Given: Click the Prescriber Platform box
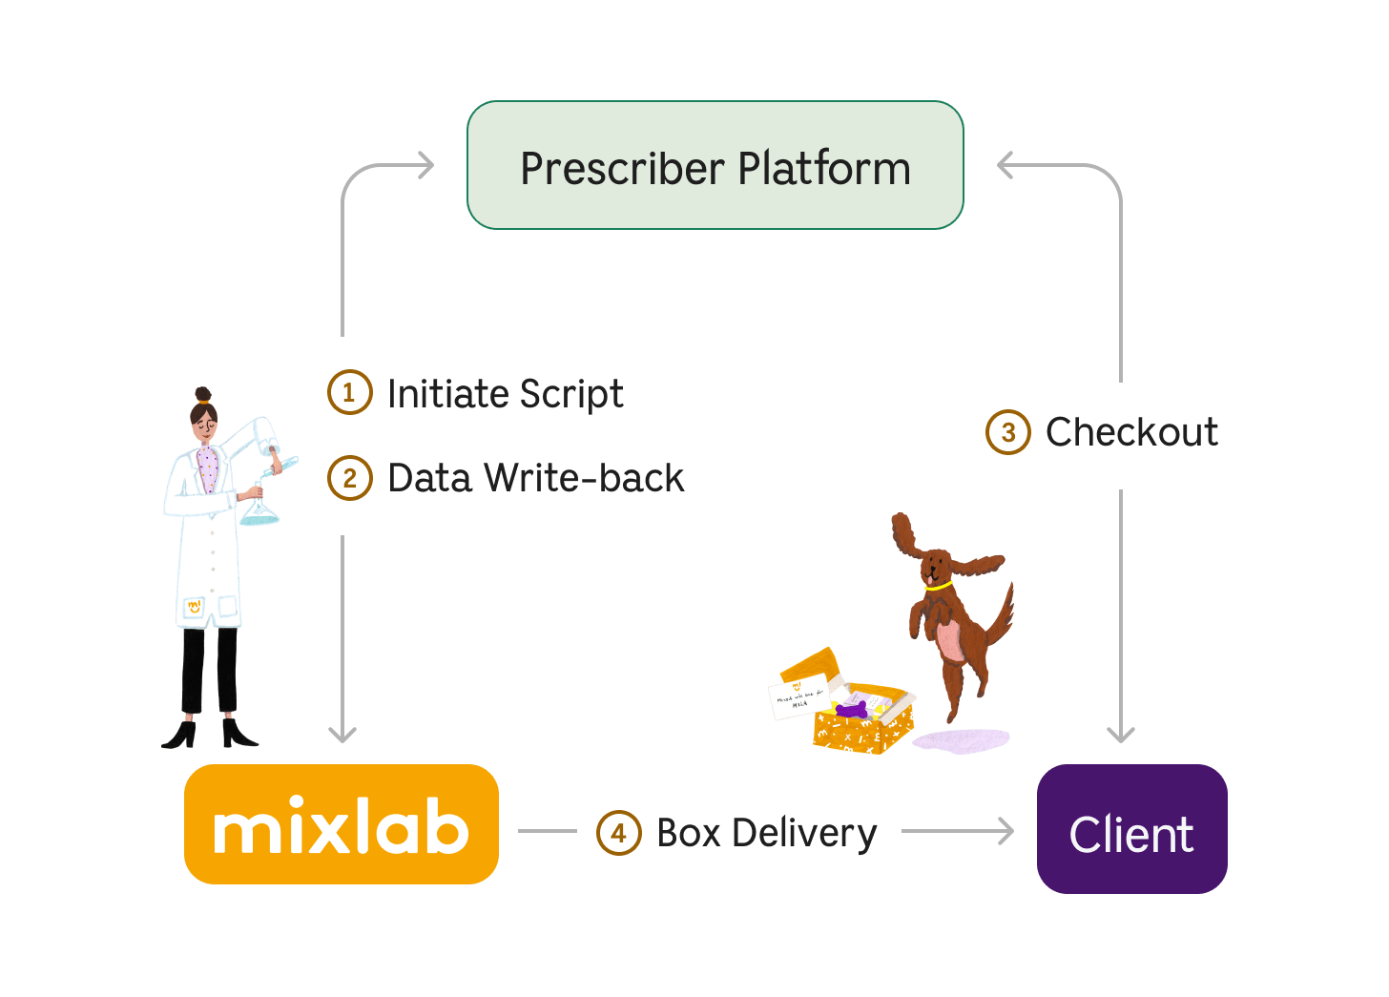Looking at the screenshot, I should coord(715,166).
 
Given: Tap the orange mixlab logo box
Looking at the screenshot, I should coord(341,824).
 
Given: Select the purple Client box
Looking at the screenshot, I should coord(1131,829).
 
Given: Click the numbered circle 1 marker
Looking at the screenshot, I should coord(349,392).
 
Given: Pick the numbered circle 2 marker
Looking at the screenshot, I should coord(349,478).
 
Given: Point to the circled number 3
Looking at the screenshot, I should coord(1007,432).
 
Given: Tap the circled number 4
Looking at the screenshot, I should coord(618,833).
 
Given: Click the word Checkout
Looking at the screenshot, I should coord(1131,432).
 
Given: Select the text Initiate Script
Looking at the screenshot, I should coord(505,394).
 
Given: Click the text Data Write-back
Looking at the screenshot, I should coord(535,478).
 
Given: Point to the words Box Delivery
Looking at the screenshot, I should coord(767,833).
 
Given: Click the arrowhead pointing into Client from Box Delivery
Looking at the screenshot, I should coord(1007,831).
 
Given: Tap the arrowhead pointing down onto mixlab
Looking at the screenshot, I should coord(342,735).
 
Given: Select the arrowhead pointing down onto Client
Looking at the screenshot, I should coord(1121,735).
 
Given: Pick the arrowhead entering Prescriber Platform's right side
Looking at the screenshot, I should coord(1005,165).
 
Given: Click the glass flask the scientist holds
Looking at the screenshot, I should coord(259,509).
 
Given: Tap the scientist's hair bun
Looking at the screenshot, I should coord(202,393).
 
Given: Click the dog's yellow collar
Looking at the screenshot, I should coord(937,586).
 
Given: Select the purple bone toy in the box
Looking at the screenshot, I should coord(851,709).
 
